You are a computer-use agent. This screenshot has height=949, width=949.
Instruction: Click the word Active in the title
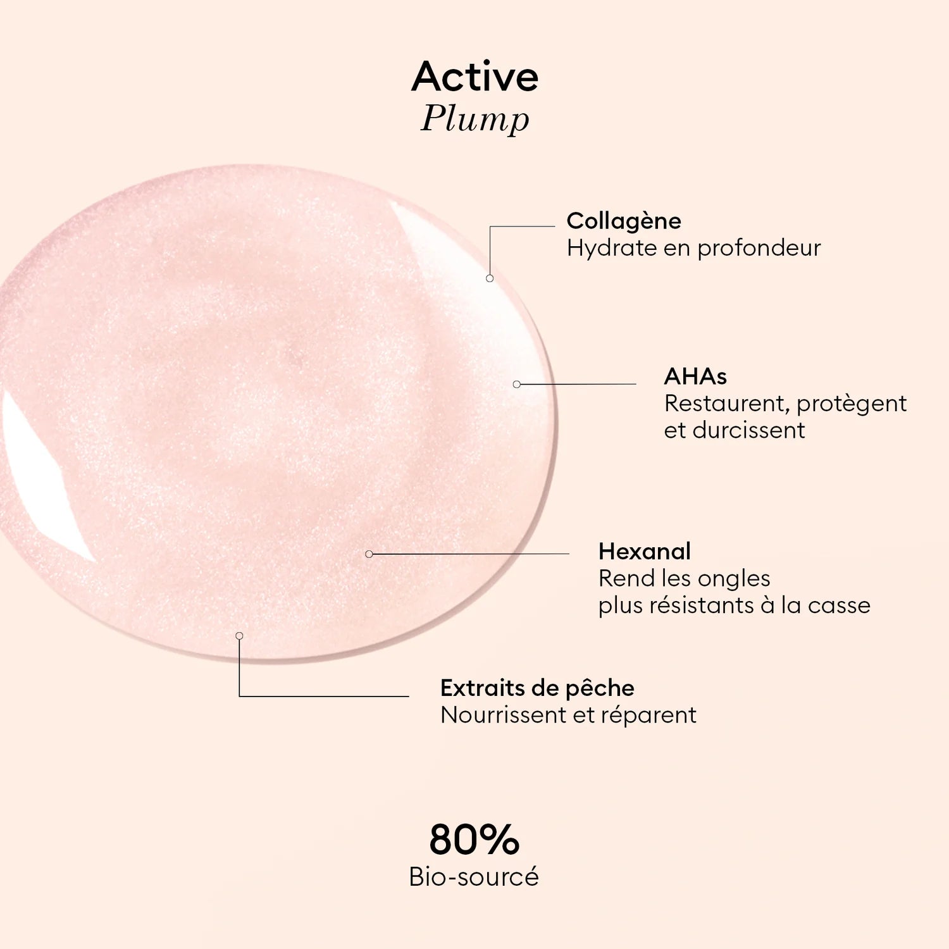coord(475,77)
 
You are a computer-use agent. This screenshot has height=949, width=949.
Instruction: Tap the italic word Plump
coord(475,119)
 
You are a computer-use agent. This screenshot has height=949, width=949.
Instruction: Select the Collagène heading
coord(624,221)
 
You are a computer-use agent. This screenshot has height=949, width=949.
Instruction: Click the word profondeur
coord(759,248)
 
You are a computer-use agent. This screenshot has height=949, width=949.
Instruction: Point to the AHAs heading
coord(695,376)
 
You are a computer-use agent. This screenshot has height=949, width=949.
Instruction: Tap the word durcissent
coord(748,430)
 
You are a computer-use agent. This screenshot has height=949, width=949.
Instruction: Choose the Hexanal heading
coord(644,551)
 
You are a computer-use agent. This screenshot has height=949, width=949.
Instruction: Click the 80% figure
coord(474,840)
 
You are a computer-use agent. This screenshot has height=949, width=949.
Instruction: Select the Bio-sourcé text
coord(474,877)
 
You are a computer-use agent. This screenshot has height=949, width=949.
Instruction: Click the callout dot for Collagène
coord(490,278)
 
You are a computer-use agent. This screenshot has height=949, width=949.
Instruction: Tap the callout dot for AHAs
coord(517,384)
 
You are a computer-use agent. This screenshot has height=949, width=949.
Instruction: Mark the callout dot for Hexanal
coord(369,554)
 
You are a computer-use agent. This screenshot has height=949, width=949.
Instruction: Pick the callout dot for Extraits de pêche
coord(239,636)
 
